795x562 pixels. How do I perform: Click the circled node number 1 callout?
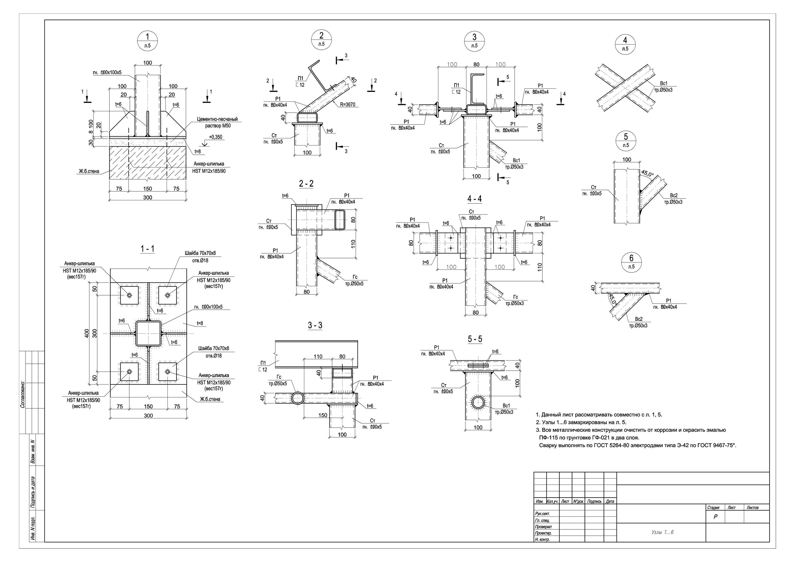point(148,41)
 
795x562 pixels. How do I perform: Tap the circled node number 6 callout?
point(631,262)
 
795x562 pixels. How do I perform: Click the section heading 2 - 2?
point(306,184)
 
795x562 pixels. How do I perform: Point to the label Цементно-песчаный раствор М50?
point(218,122)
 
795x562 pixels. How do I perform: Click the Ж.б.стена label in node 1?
point(89,171)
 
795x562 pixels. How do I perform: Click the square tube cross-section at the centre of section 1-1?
point(148,333)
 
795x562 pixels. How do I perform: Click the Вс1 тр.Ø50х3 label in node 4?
point(663,87)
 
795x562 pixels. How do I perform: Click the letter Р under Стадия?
point(715,517)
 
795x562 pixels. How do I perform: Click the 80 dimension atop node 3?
point(476,64)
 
